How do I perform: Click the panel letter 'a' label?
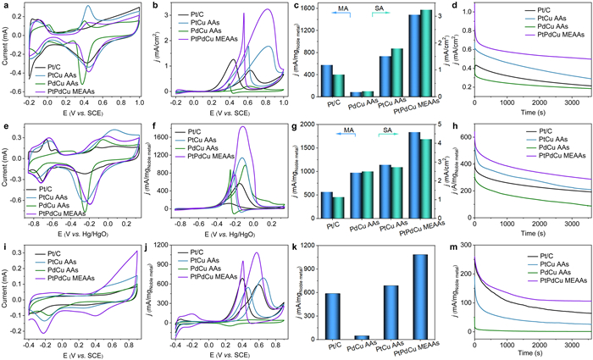tap(5, 6)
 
